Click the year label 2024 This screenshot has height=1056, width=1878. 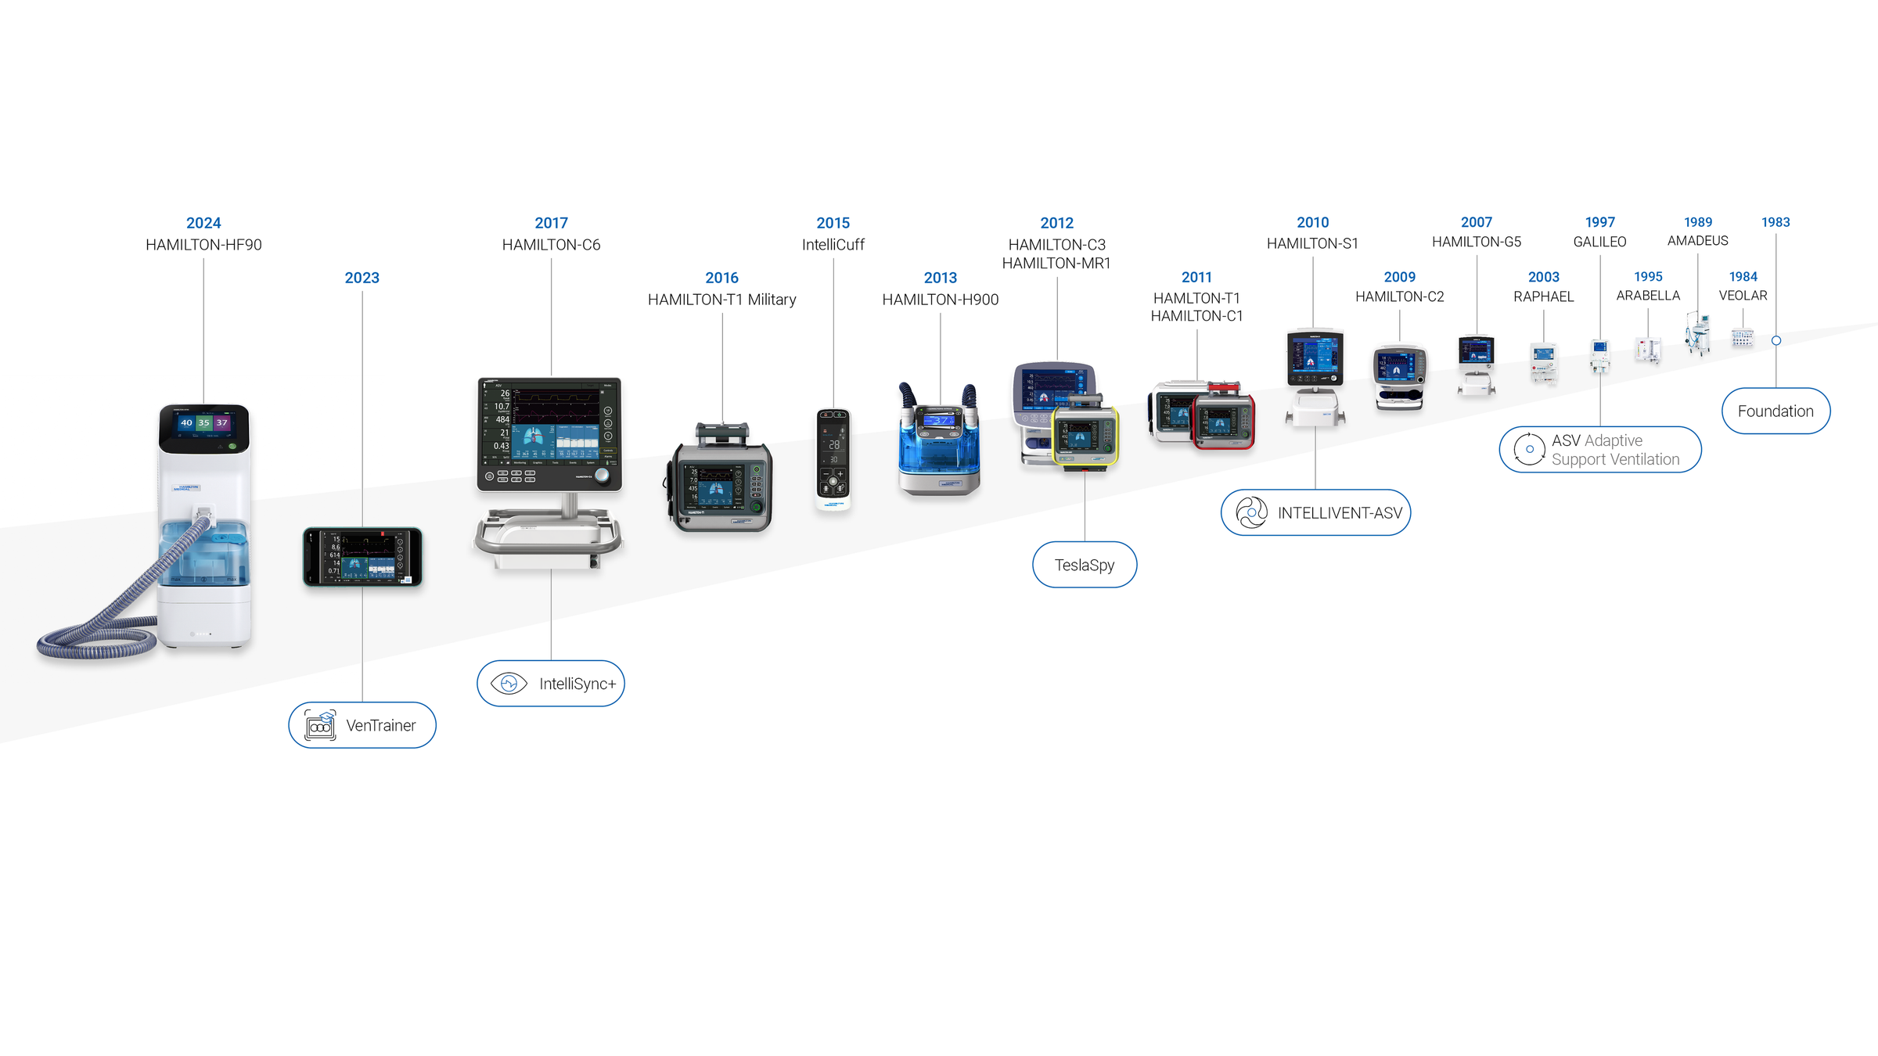pyautogui.click(x=203, y=223)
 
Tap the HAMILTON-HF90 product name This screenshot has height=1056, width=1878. pyautogui.click(x=203, y=245)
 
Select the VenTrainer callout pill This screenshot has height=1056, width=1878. pyautogui.click(x=362, y=725)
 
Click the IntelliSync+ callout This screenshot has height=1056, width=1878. pyautogui.click(x=551, y=684)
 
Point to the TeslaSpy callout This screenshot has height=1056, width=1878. pyautogui.click(x=1085, y=565)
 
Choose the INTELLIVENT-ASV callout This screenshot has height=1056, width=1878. pyautogui.click(x=1315, y=513)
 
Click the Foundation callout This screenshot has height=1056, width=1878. pyautogui.click(x=1775, y=411)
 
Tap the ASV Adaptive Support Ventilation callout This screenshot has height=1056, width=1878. pyautogui.click(x=1600, y=450)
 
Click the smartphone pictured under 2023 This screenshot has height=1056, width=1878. pyautogui.click(x=362, y=557)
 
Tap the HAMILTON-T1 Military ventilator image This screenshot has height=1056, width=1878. pyautogui.click(x=721, y=481)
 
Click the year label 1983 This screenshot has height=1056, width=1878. pyautogui.click(x=1775, y=222)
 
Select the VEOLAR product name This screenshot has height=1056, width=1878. pyautogui.click(x=1743, y=296)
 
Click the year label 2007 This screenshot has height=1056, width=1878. pyautogui.click(x=1477, y=222)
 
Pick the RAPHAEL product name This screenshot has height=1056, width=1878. pyautogui.click(x=1543, y=296)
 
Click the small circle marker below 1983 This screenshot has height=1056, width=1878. pyautogui.click(x=1776, y=341)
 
